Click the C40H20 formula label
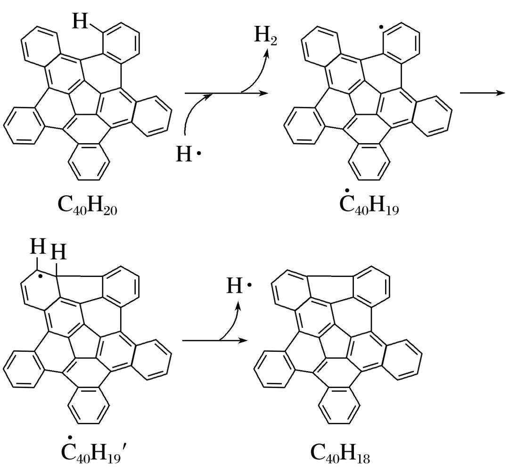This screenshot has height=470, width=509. pyautogui.click(x=89, y=206)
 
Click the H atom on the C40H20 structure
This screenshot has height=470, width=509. pyautogui.click(x=81, y=21)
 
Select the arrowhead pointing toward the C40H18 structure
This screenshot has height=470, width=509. pyautogui.click(x=243, y=340)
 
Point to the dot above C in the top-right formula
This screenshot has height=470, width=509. pyautogui.click(x=347, y=190)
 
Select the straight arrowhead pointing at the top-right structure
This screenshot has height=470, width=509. pyautogui.click(x=263, y=93)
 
